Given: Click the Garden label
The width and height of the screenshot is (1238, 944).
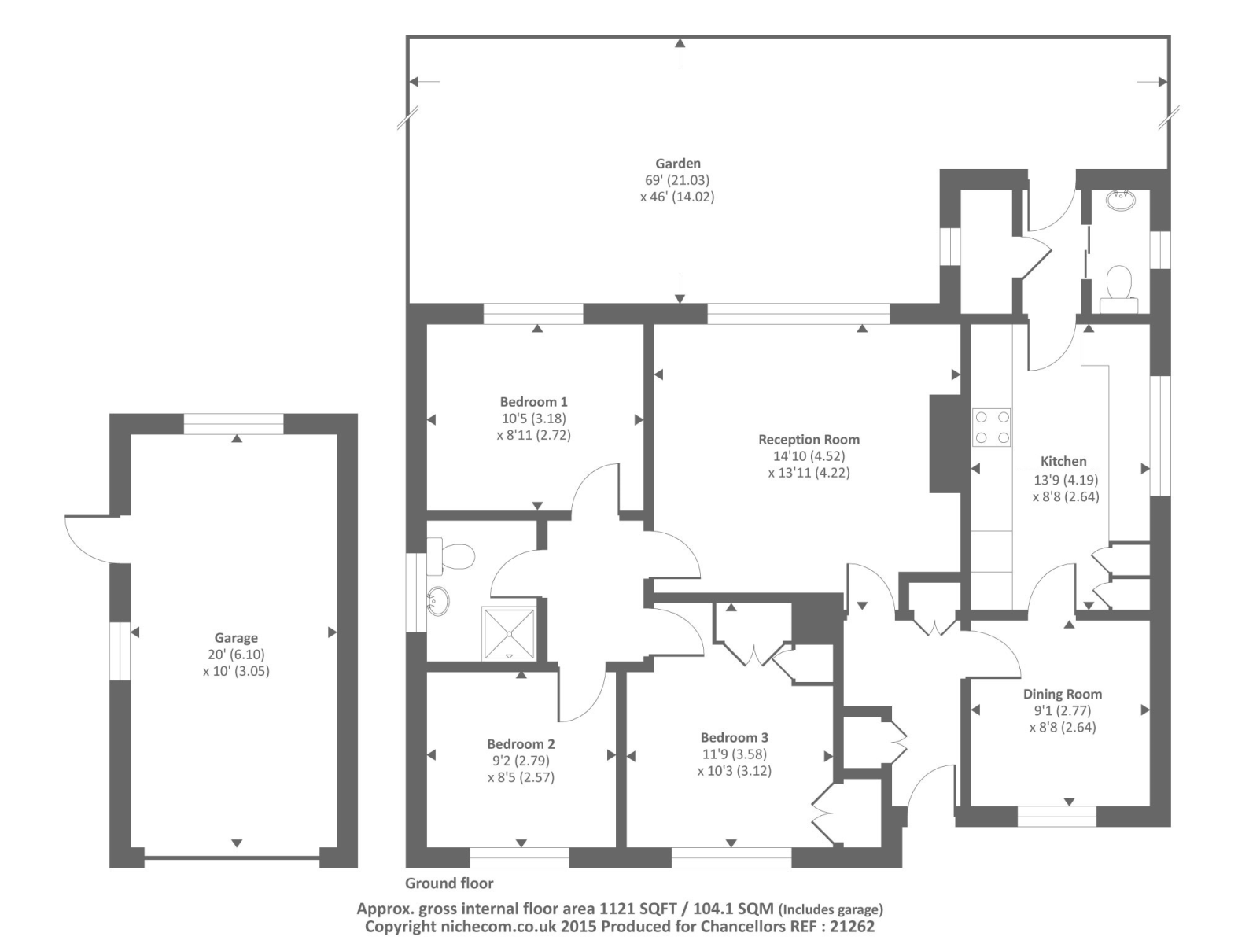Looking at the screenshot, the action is click(678, 164).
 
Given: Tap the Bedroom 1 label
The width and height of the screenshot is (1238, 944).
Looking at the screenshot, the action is click(533, 402).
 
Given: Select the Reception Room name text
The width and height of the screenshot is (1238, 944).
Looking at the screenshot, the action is click(809, 439).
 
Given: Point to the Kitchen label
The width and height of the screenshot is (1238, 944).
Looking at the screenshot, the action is click(1063, 461).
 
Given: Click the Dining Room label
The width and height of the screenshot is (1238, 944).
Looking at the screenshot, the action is click(1063, 694).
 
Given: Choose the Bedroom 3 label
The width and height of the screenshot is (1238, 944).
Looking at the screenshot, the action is click(735, 738).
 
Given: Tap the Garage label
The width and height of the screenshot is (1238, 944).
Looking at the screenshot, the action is click(236, 638).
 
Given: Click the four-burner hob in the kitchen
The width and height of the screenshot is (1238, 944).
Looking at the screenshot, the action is click(992, 427).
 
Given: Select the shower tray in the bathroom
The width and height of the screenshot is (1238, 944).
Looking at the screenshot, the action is click(509, 633).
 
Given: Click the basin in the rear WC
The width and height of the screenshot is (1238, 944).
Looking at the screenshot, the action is click(1119, 201).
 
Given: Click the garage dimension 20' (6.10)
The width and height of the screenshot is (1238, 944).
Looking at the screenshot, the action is click(236, 655).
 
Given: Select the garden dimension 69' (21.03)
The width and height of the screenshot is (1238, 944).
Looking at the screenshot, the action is click(677, 180).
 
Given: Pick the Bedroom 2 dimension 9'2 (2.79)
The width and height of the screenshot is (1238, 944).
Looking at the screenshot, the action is click(521, 761).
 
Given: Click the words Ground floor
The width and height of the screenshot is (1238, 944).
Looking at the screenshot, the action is click(449, 883).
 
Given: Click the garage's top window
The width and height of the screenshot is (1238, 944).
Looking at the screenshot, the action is click(234, 423).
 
